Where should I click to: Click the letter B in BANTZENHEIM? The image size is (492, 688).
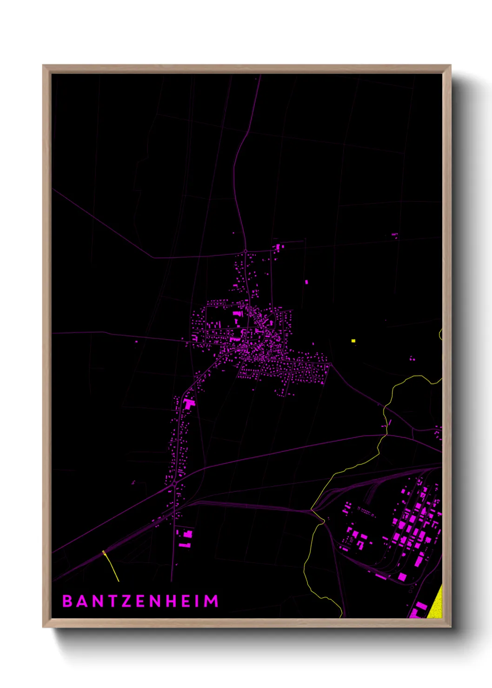pyautogui.click(x=67, y=601)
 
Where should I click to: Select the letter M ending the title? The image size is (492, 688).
pyautogui.click(x=211, y=601)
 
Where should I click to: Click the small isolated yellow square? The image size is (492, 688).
pyautogui.click(x=353, y=341)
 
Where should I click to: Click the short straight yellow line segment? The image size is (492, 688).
pyautogui.click(x=111, y=566)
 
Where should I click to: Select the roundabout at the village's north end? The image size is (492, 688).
pyautogui.click(x=246, y=251)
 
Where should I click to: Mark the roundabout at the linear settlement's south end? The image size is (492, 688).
pyautogui.click(x=174, y=484)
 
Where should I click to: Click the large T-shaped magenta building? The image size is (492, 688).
pyautogui.click(x=189, y=404)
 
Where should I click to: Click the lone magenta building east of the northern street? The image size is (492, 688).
pyautogui.click(x=306, y=282)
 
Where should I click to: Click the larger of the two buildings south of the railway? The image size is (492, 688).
pyautogui.click(x=187, y=535)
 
